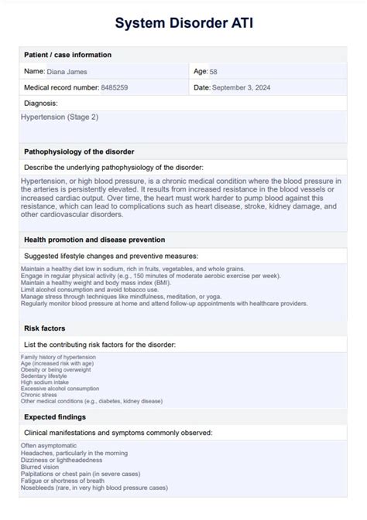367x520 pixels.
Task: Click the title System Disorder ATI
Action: (183, 24)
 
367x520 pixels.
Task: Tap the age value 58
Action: (213, 71)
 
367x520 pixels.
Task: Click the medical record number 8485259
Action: (115, 87)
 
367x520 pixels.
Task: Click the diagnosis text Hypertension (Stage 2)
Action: (60, 117)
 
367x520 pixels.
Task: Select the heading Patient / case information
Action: (68, 55)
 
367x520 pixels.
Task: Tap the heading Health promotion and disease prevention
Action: (94, 240)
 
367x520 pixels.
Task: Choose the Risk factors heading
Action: (46, 328)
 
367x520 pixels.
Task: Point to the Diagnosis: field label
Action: (41, 103)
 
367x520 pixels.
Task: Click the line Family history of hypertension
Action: (59, 358)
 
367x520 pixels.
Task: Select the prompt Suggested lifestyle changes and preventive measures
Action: (111, 255)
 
